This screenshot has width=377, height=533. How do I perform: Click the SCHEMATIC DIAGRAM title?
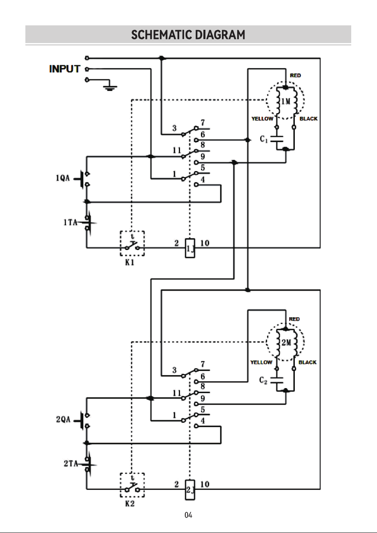[188, 35]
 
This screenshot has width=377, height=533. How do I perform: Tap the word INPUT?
[65, 69]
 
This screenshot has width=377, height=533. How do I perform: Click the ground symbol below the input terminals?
[110, 88]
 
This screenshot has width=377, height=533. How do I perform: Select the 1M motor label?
[286, 101]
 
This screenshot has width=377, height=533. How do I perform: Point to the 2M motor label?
[286, 343]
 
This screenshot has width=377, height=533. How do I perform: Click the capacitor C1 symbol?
[277, 139]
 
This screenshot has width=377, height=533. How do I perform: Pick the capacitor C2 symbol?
[277, 380]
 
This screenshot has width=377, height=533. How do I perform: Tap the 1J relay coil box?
[190, 248]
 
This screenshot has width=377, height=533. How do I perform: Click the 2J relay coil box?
[190, 490]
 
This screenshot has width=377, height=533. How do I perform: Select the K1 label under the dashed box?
[130, 262]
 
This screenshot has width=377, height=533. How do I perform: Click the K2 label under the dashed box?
[130, 504]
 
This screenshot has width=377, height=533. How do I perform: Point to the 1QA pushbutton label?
[63, 178]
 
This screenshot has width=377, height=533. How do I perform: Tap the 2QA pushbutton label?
[63, 419]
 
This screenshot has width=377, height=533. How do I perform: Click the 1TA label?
[70, 223]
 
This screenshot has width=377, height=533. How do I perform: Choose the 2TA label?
[71, 463]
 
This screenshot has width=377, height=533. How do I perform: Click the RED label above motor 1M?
[295, 75]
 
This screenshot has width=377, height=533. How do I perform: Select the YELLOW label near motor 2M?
[261, 362]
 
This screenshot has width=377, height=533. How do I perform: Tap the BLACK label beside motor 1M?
[309, 119]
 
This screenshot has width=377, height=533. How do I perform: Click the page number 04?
[188, 515]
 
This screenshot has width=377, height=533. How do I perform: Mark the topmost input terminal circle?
[87, 58]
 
